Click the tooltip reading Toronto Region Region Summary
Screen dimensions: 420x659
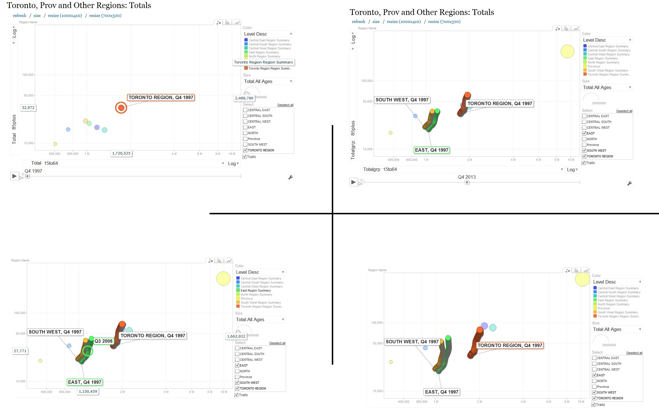click(x=263, y=62)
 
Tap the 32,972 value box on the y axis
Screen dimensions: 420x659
click(x=28, y=108)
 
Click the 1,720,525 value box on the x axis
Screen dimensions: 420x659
click(x=121, y=153)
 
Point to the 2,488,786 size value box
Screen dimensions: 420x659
click(x=244, y=98)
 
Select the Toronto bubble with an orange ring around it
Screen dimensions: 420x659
click(x=121, y=108)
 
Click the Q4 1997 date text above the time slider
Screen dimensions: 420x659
click(x=33, y=171)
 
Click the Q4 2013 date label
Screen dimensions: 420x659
click(x=467, y=177)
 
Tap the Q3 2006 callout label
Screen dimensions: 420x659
click(x=103, y=341)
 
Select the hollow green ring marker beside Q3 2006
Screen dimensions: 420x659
click(x=88, y=351)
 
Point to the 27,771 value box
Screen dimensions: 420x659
click(x=20, y=351)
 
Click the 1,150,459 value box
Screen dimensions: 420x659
click(x=88, y=392)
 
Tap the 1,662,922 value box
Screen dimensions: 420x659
click(x=236, y=336)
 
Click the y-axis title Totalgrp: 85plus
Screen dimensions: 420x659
click(x=353, y=140)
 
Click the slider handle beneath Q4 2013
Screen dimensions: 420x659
click(x=467, y=182)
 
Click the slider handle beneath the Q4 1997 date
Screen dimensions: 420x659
click(x=27, y=176)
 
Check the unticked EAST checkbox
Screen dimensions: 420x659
click(x=245, y=127)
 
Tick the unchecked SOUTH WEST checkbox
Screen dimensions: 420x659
click(x=245, y=145)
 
